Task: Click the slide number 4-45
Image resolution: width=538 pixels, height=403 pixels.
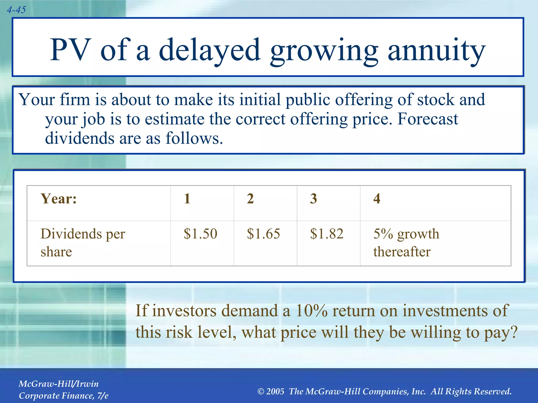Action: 16,10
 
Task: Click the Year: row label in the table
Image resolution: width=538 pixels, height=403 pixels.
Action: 59,199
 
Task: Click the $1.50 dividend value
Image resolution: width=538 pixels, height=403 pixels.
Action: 200,234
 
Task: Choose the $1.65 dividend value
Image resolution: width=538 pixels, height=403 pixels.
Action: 263,234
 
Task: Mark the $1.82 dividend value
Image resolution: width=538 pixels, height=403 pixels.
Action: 327,234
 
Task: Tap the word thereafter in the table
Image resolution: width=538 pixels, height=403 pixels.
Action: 402,252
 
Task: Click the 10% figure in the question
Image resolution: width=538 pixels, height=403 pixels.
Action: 312,311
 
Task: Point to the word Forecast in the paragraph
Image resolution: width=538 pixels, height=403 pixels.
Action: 428,119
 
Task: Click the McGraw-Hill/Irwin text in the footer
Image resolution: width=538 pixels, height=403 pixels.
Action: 59,384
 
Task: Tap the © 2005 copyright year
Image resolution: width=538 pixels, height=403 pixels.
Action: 271,391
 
